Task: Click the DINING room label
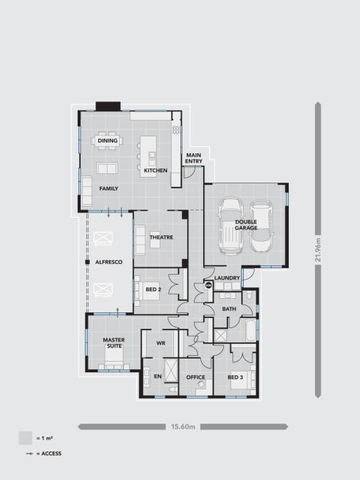(108, 141)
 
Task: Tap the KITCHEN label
(155, 170)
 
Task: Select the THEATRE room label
(162, 238)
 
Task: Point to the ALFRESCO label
(109, 262)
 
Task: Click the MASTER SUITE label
(114, 343)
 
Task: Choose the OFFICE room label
(196, 377)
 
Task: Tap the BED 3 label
(235, 377)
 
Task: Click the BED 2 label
(153, 290)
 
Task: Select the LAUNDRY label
(227, 278)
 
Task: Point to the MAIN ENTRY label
(194, 158)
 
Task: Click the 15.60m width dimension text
(183, 427)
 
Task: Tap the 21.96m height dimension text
(318, 250)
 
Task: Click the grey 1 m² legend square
(26, 438)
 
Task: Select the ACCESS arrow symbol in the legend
(30, 454)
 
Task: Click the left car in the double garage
(231, 227)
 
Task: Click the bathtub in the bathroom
(251, 331)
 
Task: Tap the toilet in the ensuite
(173, 389)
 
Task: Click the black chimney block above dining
(108, 106)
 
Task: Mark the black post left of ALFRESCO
(87, 262)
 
